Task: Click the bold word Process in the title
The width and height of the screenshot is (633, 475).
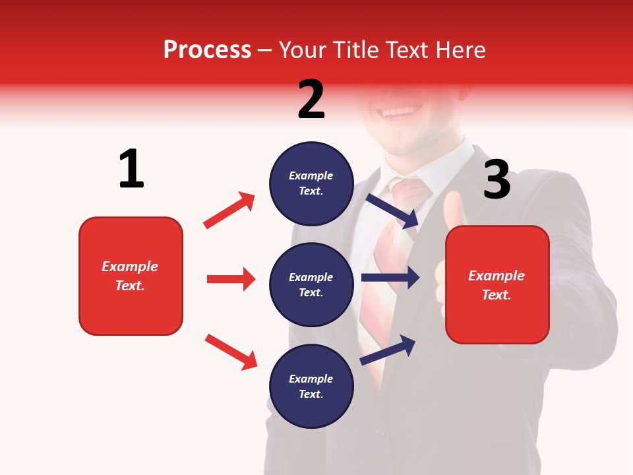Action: coord(207,49)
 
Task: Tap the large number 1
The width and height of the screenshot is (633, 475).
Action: coord(131,169)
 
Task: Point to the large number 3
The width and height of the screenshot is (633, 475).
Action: coord(497,179)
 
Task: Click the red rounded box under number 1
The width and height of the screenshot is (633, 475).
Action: coord(131,276)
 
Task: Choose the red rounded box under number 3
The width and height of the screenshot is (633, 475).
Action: coord(497,284)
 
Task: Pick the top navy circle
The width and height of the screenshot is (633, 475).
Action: coord(311,183)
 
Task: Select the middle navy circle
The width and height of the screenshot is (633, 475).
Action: coord(311,284)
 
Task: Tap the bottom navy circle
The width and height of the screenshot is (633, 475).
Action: coord(311,386)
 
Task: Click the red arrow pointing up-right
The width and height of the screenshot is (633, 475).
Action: coord(229,210)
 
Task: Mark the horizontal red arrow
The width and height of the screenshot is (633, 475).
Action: coord(231,279)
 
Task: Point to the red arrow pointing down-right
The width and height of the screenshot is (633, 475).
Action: coord(231,352)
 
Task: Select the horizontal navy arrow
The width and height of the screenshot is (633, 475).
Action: coord(390,278)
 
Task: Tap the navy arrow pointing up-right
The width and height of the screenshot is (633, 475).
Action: coord(388,350)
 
